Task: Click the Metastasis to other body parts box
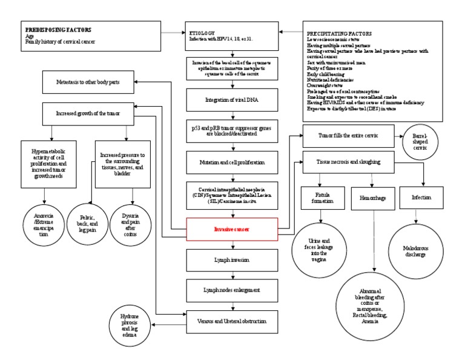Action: click(x=88, y=84)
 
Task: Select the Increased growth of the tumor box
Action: click(x=88, y=113)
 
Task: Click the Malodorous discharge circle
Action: click(x=415, y=250)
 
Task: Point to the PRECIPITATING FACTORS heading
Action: click(x=340, y=33)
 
